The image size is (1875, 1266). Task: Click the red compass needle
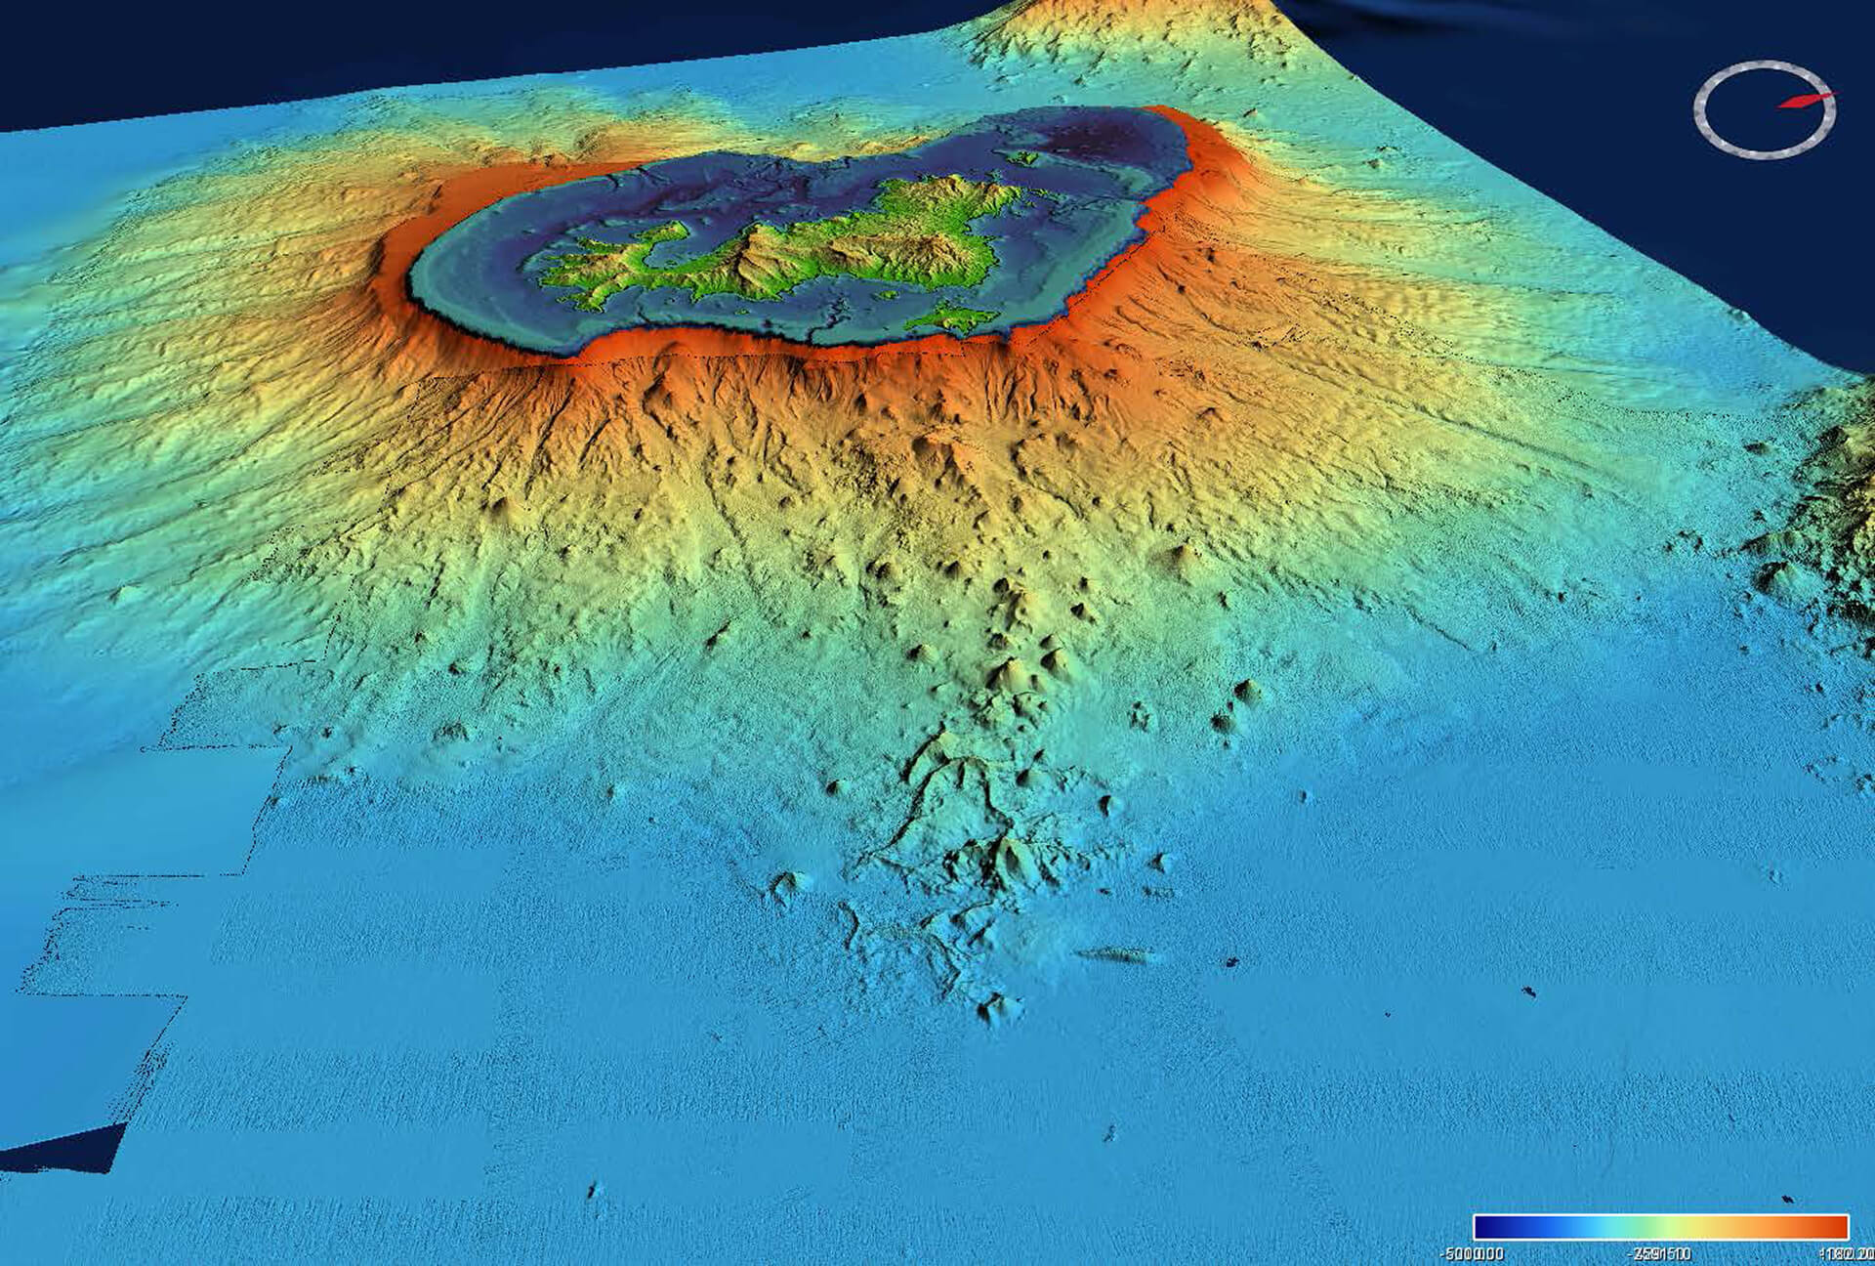pyautogui.click(x=1805, y=101)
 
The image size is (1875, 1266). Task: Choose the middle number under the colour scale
pyautogui.click(x=1660, y=1253)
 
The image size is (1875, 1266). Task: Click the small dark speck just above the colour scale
pyautogui.click(x=1786, y=1200)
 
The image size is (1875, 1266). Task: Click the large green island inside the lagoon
pyautogui.click(x=830, y=244)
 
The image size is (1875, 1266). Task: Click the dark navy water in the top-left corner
pyautogui.click(x=146, y=49)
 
